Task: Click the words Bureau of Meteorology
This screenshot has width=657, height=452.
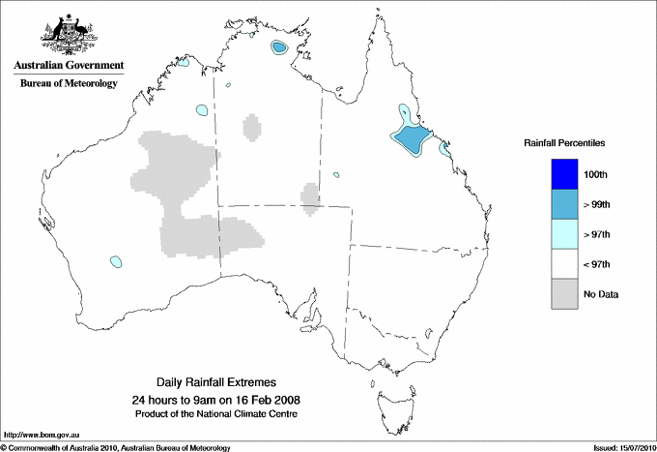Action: click(69, 84)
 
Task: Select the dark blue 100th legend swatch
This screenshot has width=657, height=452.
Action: click(571, 174)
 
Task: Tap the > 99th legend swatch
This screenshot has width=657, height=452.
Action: click(571, 204)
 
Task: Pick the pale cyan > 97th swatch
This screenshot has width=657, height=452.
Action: click(571, 234)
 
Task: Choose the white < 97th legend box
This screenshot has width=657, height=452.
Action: click(571, 264)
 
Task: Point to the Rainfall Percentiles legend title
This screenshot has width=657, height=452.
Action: click(564, 142)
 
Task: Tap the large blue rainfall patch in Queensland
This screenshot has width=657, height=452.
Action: click(411, 140)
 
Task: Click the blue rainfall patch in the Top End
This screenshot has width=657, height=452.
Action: click(280, 47)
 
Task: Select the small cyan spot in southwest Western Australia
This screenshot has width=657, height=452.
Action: click(116, 261)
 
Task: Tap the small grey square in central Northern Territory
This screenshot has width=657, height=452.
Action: click(251, 126)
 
